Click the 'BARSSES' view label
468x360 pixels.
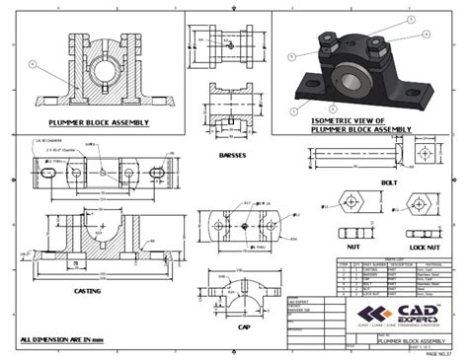click(232, 156)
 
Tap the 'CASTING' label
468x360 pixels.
click(90, 292)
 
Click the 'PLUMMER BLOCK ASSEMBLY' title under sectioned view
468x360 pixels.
click(98, 123)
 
